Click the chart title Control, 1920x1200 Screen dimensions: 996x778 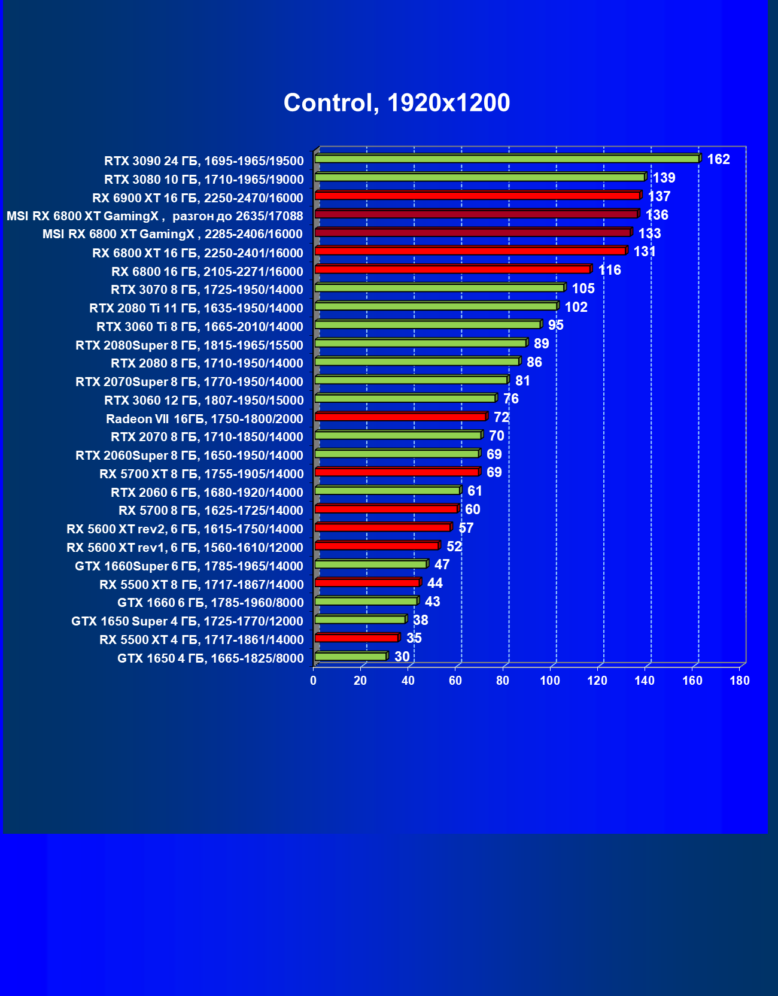coord(396,103)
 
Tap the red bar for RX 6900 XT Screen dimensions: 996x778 coord(477,196)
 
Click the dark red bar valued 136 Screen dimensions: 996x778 coord(476,214)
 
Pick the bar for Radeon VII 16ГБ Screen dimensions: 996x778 coord(400,417)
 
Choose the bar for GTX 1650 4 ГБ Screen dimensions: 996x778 coord(351,657)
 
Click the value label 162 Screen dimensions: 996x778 coord(718,159)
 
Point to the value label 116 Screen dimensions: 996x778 coord(609,270)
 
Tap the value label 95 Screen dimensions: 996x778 coord(555,325)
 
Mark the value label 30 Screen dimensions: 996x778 coord(402,657)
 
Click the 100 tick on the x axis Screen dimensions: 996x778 coord(549,681)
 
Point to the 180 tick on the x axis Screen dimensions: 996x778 coord(739,681)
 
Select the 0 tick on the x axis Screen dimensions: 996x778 coord(313,681)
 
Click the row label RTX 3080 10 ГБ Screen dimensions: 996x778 coord(203,180)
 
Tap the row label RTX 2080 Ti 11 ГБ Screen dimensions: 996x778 coord(196,308)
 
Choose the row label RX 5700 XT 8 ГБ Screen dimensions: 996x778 coord(201,474)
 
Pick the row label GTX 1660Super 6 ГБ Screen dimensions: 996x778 coord(189,566)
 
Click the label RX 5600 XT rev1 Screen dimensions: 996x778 coord(184,548)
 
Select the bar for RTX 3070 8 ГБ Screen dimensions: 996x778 coord(439,288)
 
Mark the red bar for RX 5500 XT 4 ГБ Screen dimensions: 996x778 coord(356,638)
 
